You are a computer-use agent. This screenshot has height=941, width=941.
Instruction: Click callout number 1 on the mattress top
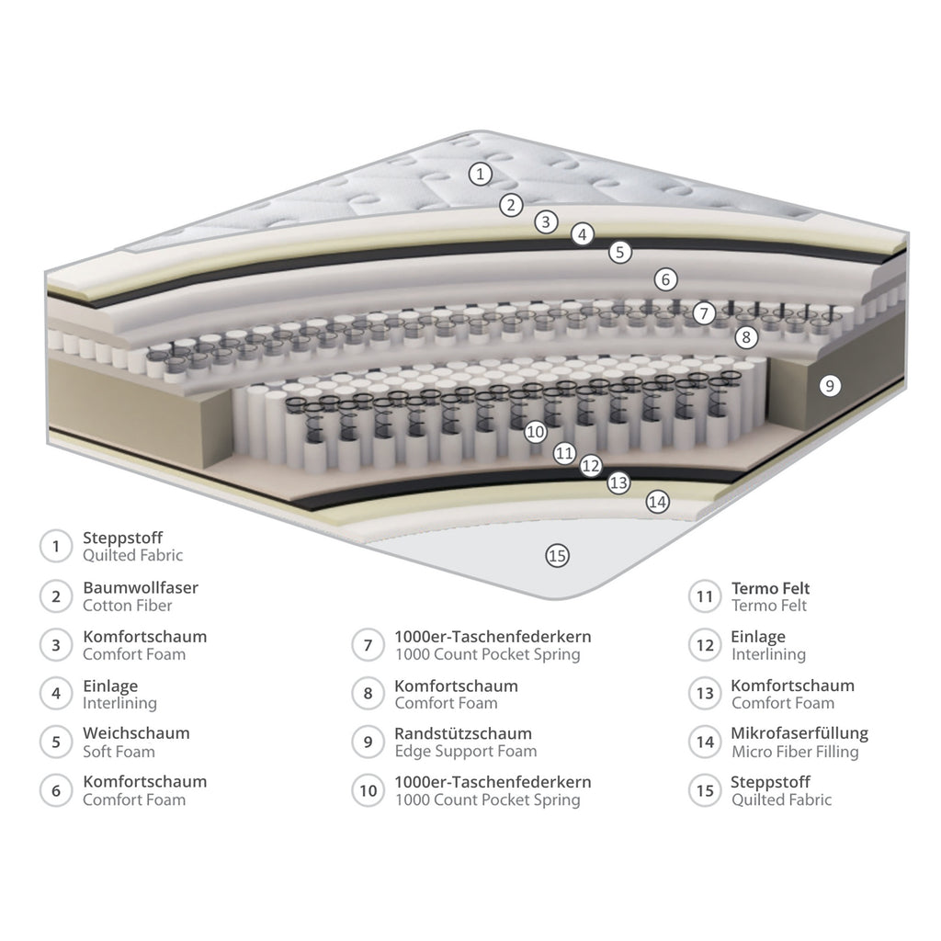click(480, 174)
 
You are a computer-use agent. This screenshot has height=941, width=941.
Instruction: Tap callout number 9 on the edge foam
click(830, 385)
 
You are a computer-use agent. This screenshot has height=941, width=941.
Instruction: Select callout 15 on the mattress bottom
click(558, 556)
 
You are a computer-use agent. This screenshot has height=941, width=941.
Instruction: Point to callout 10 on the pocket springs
click(536, 432)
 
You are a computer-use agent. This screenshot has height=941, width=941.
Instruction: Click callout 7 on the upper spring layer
click(705, 312)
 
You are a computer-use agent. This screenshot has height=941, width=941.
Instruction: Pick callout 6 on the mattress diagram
click(665, 279)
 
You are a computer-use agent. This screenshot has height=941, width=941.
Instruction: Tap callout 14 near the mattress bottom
click(658, 502)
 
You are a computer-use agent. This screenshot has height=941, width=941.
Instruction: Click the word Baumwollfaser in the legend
click(141, 587)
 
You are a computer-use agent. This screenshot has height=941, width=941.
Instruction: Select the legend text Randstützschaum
click(463, 733)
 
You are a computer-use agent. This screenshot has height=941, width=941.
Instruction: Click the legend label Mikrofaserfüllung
click(799, 733)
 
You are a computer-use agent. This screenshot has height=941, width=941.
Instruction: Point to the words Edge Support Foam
click(466, 752)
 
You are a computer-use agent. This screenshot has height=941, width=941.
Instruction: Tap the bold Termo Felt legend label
click(771, 588)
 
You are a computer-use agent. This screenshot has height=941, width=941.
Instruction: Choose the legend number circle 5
click(56, 743)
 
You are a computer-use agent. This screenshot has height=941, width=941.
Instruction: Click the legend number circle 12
click(705, 645)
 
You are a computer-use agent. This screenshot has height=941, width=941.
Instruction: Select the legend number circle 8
click(368, 694)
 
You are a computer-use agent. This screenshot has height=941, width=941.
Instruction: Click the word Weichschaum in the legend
click(136, 733)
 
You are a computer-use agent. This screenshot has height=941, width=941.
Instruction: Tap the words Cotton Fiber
click(127, 606)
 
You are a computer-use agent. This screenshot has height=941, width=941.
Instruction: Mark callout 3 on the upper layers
click(546, 222)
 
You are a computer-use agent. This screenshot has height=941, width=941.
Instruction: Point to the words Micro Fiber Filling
click(795, 752)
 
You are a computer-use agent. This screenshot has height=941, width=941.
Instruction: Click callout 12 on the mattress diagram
click(591, 466)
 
